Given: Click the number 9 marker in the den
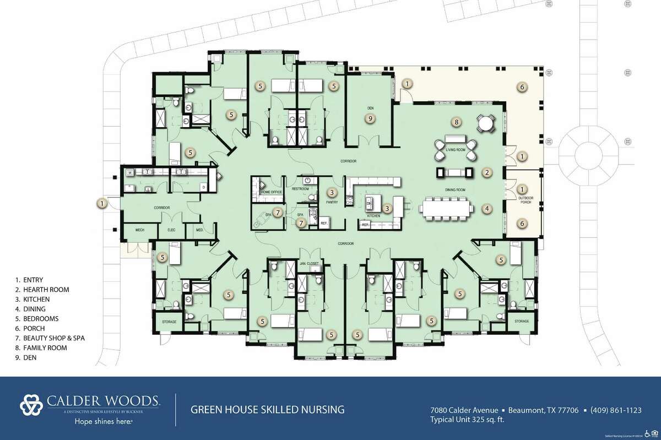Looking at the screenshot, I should pyautogui.click(x=371, y=118).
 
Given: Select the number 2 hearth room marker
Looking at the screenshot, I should pyautogui.click(x=487, y=172).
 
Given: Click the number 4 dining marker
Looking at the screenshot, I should pyautogui.click(x=487, y=208).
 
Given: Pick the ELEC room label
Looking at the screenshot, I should pyautogui.click(x=170, y=229).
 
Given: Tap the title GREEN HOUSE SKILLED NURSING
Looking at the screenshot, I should pyautogui.click(x=268, y=409).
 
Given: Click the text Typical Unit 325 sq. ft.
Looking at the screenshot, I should pyautogui.click(x=467, y=420).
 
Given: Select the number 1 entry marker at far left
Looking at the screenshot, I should pyautogui.click(x=102, y=203).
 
